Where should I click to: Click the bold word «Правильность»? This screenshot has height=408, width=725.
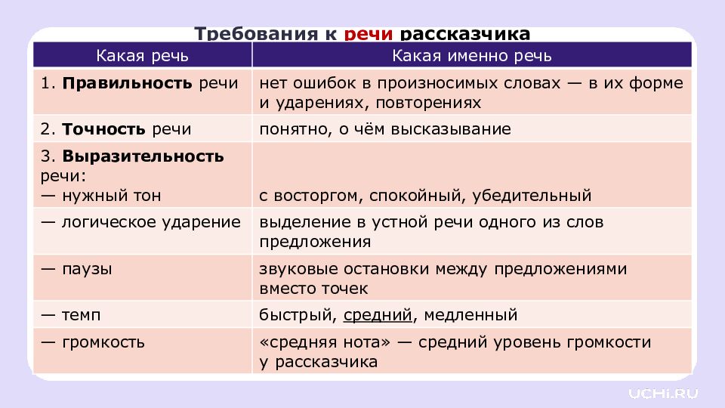pos(128,83)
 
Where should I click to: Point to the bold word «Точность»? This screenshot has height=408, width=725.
pos(105,129)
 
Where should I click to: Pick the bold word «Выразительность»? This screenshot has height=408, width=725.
pos(143,156)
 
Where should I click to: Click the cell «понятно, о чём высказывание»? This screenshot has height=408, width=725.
pos(385,129)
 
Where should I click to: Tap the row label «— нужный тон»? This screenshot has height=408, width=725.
pos(101,196)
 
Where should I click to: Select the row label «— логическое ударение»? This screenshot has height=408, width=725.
pos(141,222)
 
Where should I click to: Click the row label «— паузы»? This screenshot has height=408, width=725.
pos(77,268)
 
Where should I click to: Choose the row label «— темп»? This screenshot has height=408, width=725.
pos(71,314)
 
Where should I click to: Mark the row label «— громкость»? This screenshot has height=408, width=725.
pos(93,342)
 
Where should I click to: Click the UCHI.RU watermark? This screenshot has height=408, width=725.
pos(664,392)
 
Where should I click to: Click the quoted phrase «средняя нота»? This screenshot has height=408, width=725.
pos(325,342)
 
